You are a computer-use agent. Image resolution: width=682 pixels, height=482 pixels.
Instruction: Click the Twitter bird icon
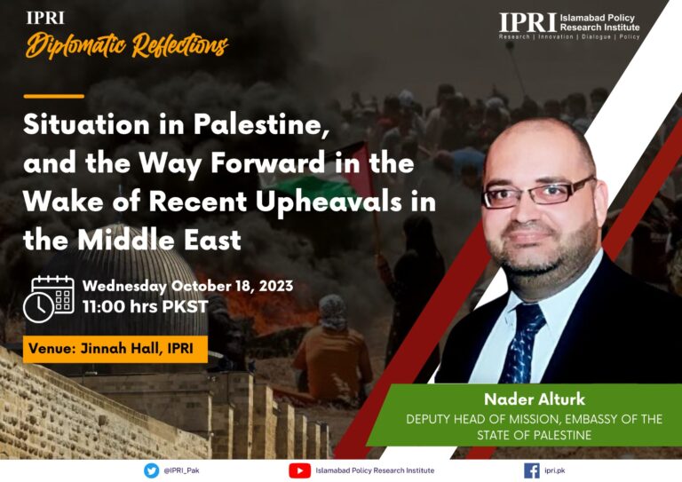(x=151, y=470)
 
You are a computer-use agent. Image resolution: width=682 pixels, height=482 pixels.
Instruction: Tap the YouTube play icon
(x=299, y=470)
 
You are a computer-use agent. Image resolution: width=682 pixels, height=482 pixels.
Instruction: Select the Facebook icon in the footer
(x=532, y=470)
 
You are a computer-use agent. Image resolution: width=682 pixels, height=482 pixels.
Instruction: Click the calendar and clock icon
(x=48, y=298)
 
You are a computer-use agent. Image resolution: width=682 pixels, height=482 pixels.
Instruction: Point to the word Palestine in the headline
(x=260, y=125)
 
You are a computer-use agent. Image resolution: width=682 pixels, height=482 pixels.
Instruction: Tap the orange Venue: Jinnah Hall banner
(x=115, y=349)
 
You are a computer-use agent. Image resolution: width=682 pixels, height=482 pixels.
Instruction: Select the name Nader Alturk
(x=535, y=399)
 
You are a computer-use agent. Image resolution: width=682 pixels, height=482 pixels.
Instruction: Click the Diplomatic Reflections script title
(x=127, y=44)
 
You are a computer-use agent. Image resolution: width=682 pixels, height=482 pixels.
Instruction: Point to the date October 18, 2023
(x=232, y=286)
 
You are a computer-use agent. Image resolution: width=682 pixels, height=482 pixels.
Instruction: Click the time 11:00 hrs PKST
(x=146, y=306)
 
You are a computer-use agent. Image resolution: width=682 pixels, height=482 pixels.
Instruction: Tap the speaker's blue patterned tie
(x=527, y=344)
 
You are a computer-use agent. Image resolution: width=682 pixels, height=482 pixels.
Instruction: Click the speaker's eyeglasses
(x=538, y=192)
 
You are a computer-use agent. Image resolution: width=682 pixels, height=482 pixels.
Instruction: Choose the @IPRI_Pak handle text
(x=181, y=470)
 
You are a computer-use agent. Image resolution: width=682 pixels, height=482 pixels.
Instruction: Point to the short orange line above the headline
(x=54, y=96)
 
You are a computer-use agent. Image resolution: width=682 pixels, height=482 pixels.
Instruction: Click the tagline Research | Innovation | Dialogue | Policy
(x=569, y=37)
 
